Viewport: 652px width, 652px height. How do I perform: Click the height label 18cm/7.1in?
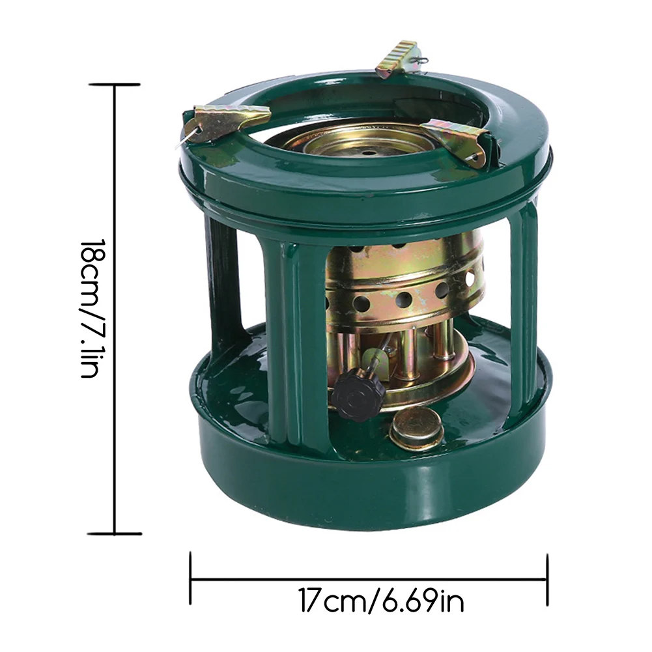click(x=91, y=308)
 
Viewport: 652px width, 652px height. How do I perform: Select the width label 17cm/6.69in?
click(x=381, y=601)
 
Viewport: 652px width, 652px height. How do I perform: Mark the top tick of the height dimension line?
click(x=115, y=85)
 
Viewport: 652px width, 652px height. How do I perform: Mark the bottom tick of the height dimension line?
click(x=115, y=533)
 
